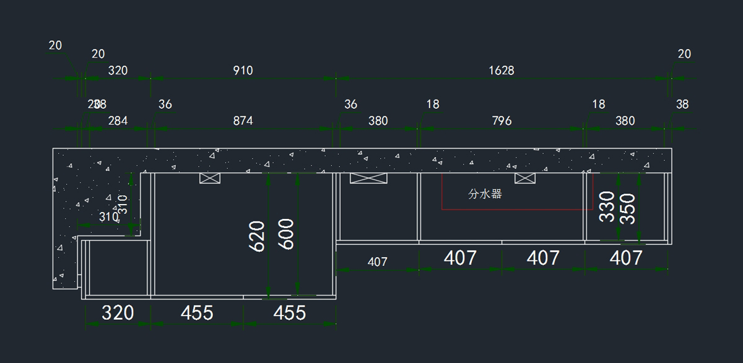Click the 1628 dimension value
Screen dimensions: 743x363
pyautogui.click(x=501, y=70)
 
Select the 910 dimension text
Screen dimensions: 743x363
pyautogui.click(x=243, y=70)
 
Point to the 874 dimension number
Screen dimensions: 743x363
pyautogui.click(x=243, y=121)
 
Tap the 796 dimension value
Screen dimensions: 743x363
pyautogui.click(x=502, y=121)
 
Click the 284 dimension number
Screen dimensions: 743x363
pyautogui.click(x=118, y=121)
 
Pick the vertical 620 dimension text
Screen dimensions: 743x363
pyautogui.click(x=258, y=236)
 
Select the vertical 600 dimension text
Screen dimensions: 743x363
pyautogui.click(x=286, y=234)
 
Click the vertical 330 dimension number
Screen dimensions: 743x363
pyautogui.click(x=607, y=207)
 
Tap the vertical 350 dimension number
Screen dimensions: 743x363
pyautogui.click(x=627, y=208)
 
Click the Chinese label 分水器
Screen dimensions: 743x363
pyautogui.click(x=485, y=194)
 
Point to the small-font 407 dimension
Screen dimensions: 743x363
pyautogui.click(x=377, y=262)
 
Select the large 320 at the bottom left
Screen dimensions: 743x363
pyautogui.click(x=118, y=313)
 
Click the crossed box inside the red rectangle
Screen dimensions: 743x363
pyautogui.click(x=525, y=178)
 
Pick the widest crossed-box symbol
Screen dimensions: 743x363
pyautogui.click(x=368, y=178)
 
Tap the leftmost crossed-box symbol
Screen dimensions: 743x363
pyautogui.click(x=209, y=178)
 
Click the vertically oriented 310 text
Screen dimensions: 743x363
pyautogui.click(x=123, y=205)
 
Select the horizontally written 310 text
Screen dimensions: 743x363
pyautogui.click(x=109, y=217)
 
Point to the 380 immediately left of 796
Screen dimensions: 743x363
pyautogui.click(x=378, y=121)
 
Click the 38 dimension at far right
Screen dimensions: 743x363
pyautogui.click(x=682, y=105)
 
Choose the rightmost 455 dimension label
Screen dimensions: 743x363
pyautogui.click(x=290, y=313)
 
